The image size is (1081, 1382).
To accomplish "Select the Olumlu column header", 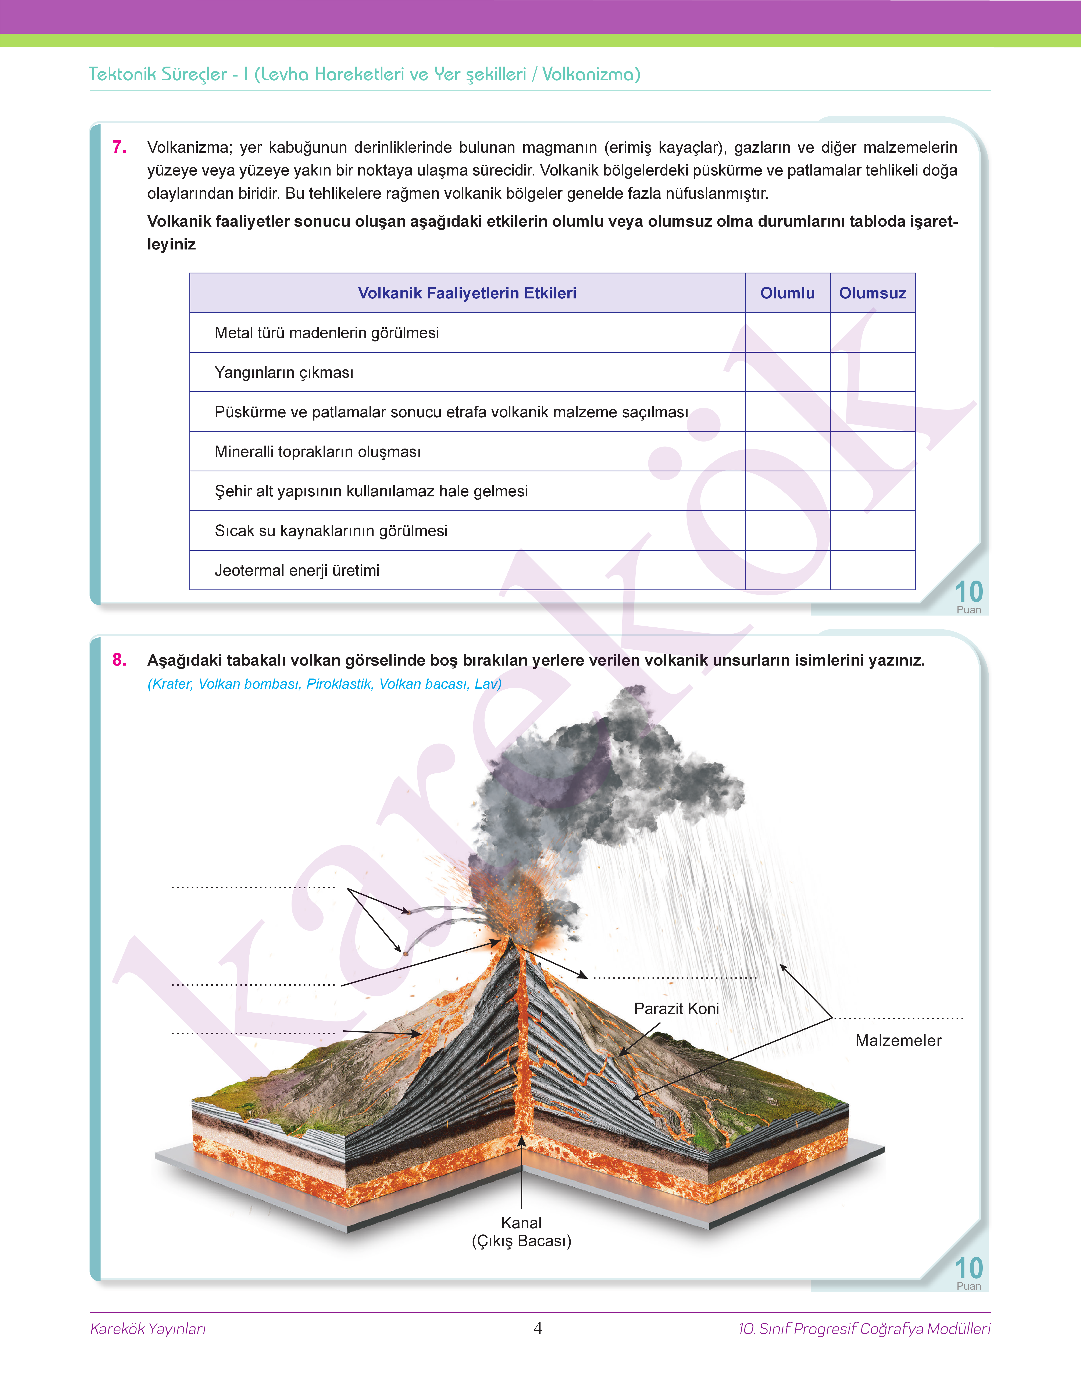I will pos(787,293).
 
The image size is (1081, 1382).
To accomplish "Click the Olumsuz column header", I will pos(872,293).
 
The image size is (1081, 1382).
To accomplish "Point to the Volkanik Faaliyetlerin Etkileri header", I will pos(467,293).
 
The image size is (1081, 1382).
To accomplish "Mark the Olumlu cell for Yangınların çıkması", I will pos(787,372).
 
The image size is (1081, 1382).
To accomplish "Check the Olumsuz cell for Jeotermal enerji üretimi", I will pos(872,570).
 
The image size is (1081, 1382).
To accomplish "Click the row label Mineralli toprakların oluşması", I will pos(318,452).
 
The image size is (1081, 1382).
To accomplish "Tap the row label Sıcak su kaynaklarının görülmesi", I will pos(331,531).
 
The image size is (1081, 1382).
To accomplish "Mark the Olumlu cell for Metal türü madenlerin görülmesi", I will pos(787,333).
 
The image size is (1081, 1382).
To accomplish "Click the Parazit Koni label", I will pos(676,1009).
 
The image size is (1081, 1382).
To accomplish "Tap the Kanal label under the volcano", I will pos(521,1222).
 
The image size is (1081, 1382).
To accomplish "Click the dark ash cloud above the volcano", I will pos(608,779).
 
